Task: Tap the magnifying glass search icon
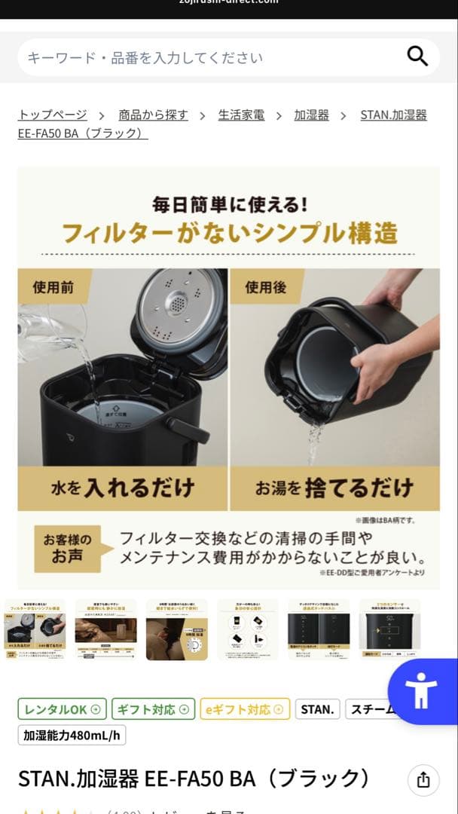[x=417, y=57]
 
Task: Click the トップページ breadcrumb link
[x=52, y=115]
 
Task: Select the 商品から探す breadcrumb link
[x=153, y=115]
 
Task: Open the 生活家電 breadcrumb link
[x=241, y=115]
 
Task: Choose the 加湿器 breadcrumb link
[x=311, y=115]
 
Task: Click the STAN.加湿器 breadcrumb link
[x=393, y=115]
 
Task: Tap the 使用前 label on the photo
[x=54, y=287]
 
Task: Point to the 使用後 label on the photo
[x=266, y=287]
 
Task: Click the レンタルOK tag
[x=63, y=709]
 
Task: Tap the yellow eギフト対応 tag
[x=244, y=709]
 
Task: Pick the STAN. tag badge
[x=317, y=709]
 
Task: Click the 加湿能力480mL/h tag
[x=72, y=735]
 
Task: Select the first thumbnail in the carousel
[x=35, y=630]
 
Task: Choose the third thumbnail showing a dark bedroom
[x=176, y=630]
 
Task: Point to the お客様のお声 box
[x=67, y=548]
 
